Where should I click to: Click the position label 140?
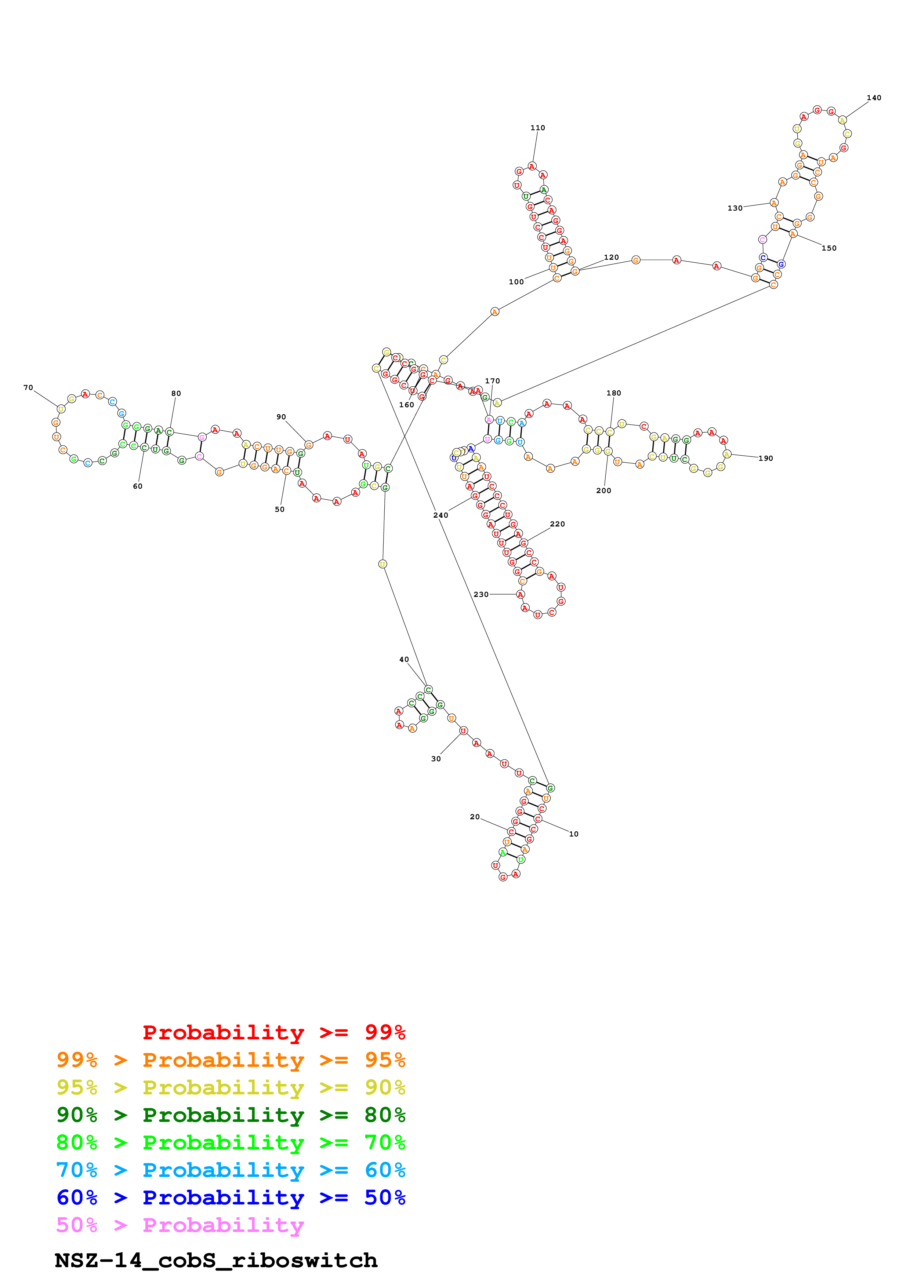pyautogui.click(x=874, y=98)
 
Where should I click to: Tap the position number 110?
pyautogui.click(x=538, y=128)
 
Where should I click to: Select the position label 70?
pyautogui.click(x=28, y=387)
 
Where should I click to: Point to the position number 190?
pyautogui.click(x=765, y=459)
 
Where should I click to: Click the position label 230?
pyautogui.click(x=481, y=594)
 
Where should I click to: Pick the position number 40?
pyautogui.click(x=404, y=659)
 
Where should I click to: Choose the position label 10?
pyautogui.click(x=574, y=834)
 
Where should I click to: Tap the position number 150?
pyautogui.click(x=829, y=248)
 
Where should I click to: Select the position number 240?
pyautogui.click(x=441, y=515)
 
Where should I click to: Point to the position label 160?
pyautogui.click(x=406, y=405)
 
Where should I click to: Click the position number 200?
pyautogui.click(x=603, y=491)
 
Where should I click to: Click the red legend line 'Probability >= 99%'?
pyautogui.click(x=273, y=1032)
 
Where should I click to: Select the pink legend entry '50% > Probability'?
pyautogui.click(x=180, y=1225)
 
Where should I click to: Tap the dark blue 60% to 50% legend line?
pyautogui.click(x=231, y=1197)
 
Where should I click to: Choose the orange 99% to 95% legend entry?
pyautogui.click(x=231, y=1060)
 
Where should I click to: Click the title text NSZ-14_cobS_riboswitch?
pyautogui.click(x=216, y=1261)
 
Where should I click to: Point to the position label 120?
pyautogui.click(x=611, y=257)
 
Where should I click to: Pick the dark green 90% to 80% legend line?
pyautogui.click(x=231, y=1115)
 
